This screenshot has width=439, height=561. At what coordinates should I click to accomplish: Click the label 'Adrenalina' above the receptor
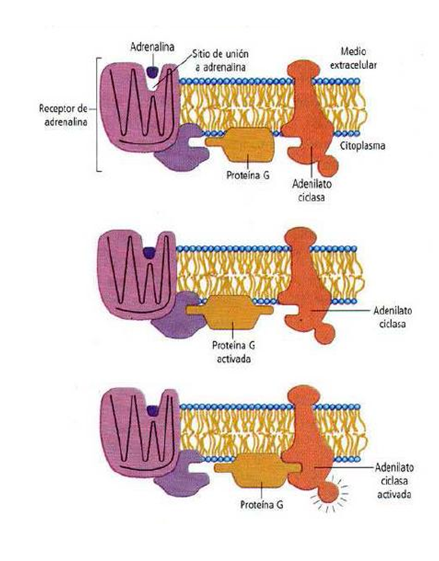(152, 46)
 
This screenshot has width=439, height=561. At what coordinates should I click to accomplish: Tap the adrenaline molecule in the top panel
(152, 71)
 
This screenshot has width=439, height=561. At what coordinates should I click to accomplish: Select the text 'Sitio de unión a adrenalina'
(219, 60)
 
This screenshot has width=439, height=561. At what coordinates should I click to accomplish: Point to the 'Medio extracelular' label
(353, 58)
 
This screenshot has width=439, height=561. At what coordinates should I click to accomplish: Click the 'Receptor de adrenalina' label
(63, 115)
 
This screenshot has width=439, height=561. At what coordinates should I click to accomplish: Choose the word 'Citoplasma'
(363, 145)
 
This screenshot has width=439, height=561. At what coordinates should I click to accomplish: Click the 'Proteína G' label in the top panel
(248, 175)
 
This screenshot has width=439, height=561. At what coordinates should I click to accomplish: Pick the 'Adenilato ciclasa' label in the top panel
(312, 190)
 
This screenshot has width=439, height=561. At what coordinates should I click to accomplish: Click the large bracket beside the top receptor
(97, 115)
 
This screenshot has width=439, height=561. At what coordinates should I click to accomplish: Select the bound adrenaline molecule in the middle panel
(148, 253)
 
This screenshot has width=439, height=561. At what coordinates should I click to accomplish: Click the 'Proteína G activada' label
(234, 352)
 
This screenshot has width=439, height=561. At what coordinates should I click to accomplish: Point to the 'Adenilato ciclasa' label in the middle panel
(392, 316)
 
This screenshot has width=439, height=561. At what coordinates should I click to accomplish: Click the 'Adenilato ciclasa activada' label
(394, 481)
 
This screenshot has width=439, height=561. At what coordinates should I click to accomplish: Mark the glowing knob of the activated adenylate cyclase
(328, 492)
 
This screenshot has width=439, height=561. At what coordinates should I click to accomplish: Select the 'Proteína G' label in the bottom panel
(261, 505)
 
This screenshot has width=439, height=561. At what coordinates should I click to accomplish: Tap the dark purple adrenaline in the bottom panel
(153, 410)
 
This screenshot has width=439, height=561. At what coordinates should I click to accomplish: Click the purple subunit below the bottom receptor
(179, 474)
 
